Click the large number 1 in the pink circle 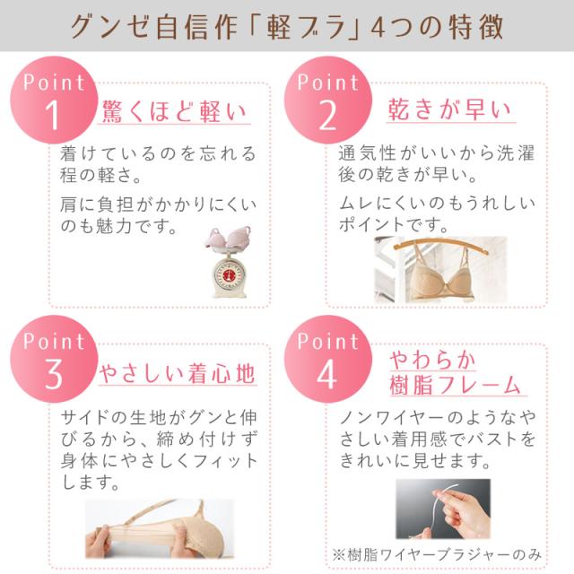(53, 116)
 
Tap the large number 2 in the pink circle (327, 116)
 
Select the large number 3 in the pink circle (53, 375)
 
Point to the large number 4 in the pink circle (327, 375)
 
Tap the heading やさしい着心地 (178, 370)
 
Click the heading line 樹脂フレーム (456, 386)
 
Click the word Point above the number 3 (54, 341)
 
